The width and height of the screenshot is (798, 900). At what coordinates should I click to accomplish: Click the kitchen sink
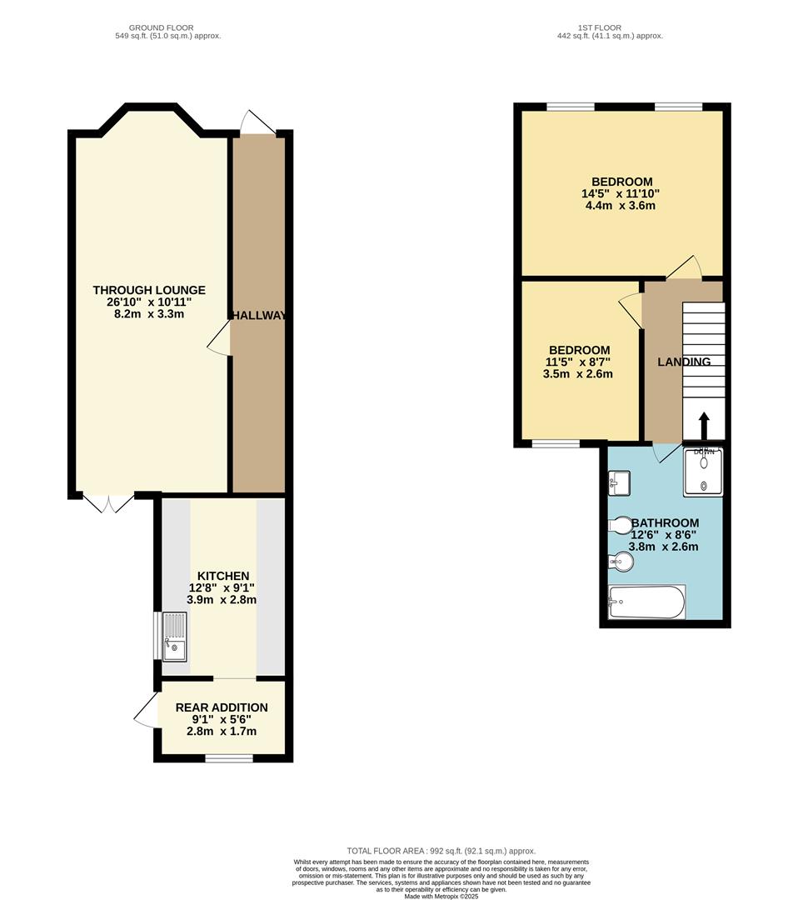(175, 637)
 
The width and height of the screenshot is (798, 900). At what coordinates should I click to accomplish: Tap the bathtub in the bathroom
(647, 602)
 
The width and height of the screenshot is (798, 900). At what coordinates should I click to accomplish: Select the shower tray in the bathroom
(703, 472)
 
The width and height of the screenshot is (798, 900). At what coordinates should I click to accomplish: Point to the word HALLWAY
(259, 316)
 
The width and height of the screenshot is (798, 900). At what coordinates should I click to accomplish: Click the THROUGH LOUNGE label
(149, 290)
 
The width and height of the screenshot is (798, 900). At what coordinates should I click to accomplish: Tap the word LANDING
(684, 362)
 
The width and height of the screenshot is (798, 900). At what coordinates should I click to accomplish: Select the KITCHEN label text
(223, 576)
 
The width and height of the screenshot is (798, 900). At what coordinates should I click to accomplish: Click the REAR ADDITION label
(222, 707)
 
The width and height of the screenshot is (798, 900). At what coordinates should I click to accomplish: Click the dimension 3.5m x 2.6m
(578, 374)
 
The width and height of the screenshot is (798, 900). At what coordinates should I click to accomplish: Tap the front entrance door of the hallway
(257, 123)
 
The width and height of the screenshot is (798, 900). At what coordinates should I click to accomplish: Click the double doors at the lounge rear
(108, 502)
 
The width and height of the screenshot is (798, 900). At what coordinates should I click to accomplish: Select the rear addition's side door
(145, 709)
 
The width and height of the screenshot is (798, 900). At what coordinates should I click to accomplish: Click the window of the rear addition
(229, 757)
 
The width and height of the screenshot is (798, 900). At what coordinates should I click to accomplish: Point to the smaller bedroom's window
(556, 443)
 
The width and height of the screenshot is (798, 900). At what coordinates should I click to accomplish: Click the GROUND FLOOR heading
(167, 28)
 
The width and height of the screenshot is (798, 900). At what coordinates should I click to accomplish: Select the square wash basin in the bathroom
(619, 482)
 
